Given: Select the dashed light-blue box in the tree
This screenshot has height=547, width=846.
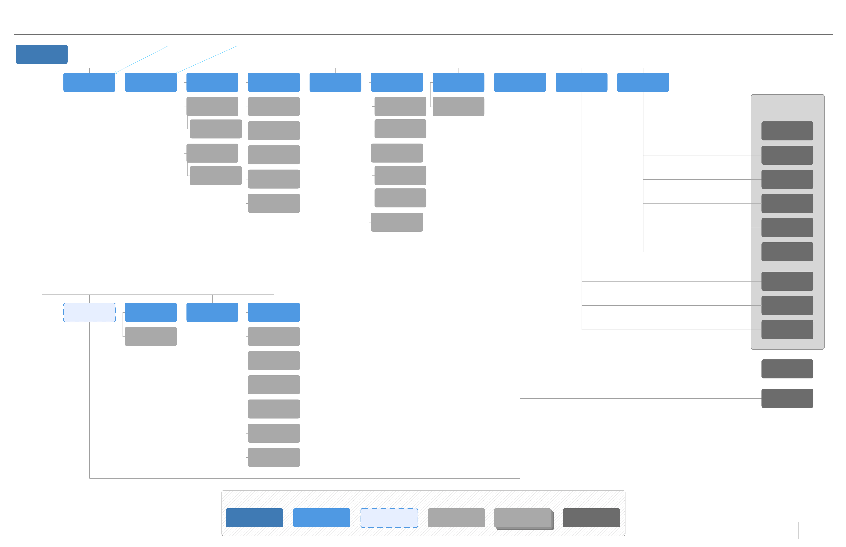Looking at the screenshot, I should (x=89, y=312).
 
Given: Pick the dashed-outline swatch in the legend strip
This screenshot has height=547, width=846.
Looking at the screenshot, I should (x=389, y=517).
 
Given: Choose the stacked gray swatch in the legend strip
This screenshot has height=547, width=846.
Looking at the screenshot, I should (x=523, y=518).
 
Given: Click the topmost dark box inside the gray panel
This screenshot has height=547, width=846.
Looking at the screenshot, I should (x=787, y=131).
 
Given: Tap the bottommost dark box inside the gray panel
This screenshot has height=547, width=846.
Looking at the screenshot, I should (x=787, y=329).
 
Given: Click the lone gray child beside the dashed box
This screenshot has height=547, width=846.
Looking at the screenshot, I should (x=151, y=336).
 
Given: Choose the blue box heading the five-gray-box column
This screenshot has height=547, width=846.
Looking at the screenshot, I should (x=274, y=82).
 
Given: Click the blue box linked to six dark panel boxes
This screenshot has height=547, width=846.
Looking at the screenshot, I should (x=643, y=82).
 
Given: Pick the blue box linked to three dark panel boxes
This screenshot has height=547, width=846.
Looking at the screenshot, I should (x=581, y=82).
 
